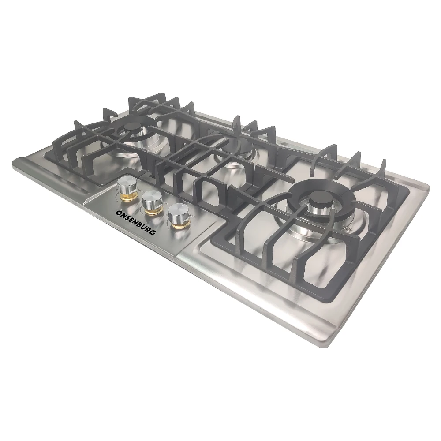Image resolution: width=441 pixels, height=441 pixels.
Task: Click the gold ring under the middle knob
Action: point(153,211)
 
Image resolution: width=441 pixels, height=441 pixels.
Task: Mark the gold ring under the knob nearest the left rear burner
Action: point(127,194)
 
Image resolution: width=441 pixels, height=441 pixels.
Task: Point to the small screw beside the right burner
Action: point(349,229)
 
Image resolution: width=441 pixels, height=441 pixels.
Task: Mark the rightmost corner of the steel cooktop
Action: point(429,187)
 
